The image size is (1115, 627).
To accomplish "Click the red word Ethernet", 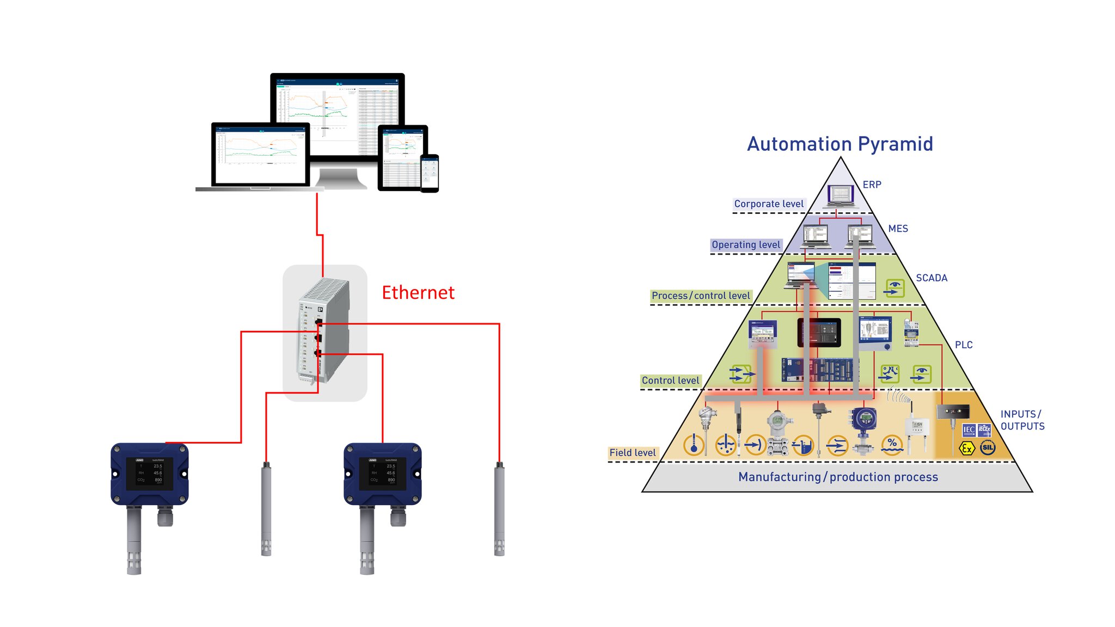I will [x=418, y=293].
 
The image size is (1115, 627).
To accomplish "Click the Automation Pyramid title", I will [x=840, y=144].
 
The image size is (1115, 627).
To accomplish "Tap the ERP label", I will [x=872, y=185].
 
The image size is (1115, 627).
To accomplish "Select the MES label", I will [x=898, y=229].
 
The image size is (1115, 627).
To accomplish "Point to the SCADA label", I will [x=931, y=278].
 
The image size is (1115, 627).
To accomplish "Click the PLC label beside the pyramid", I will [x=963, y=345].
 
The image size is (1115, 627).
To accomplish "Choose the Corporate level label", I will [x=768, y=204].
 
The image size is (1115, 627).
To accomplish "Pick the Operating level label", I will [x=746, y=245].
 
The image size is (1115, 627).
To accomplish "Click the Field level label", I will [x=632, y=453].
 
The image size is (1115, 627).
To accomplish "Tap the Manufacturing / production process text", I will [x=838, y=477].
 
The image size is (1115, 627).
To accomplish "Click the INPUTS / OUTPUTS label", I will [x=1022, y=420].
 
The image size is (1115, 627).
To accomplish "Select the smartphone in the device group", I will [x=430, y=173].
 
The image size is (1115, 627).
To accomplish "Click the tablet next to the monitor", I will [x=402, y=158].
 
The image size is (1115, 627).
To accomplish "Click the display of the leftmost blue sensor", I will [x=149, y=472].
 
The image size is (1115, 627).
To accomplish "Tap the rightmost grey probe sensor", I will [x=499, y=509].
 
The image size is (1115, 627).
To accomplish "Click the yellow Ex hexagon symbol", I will [x=966, y=448].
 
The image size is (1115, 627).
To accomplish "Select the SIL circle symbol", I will [x=987, y=448].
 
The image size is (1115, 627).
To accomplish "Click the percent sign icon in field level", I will [x=892, y=444].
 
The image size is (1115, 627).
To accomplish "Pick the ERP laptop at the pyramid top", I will [x=840, y=195].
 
